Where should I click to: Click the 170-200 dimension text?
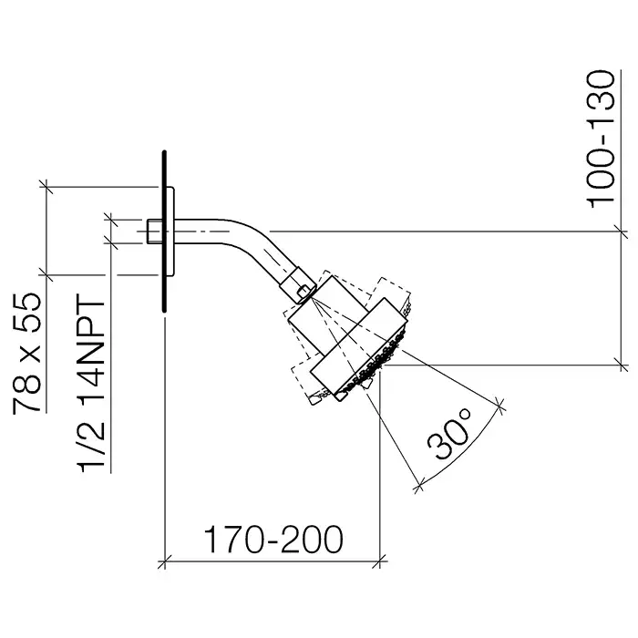pos(273,540)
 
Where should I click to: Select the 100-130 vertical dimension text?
pos(601,139)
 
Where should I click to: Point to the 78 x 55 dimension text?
pos(27,354)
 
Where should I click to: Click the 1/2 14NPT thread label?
pos(92,383)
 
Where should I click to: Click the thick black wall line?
pos(164,232)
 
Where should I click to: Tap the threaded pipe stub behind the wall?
pos(153,232)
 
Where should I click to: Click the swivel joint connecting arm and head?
pos(298,285)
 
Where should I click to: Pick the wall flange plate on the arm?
pos(170,231)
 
